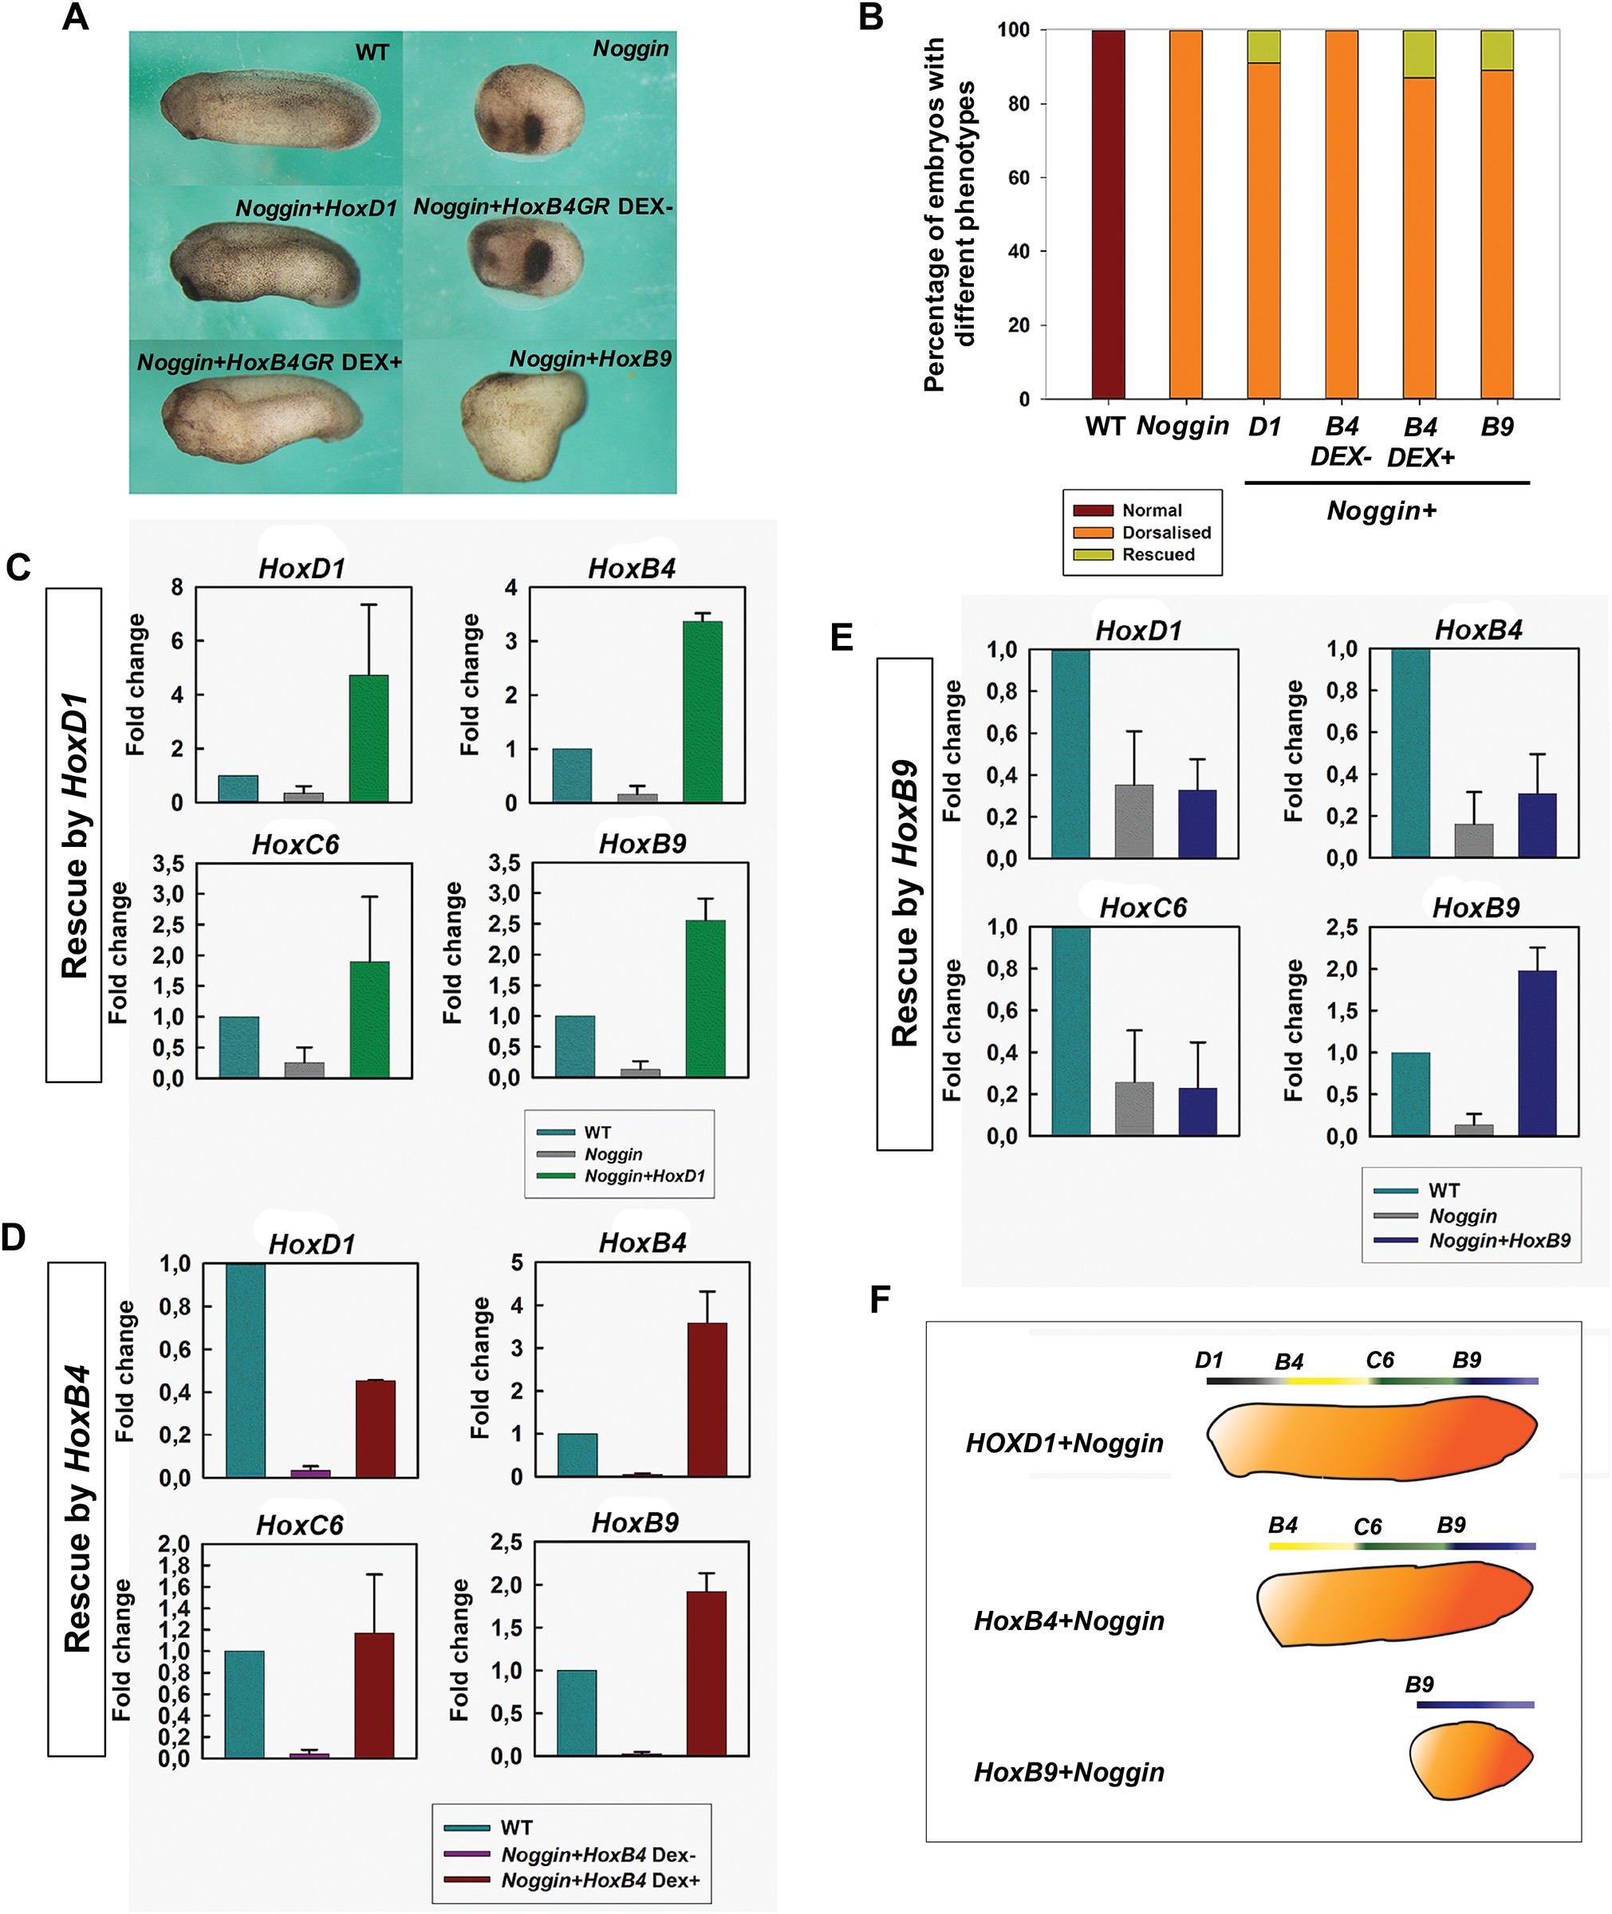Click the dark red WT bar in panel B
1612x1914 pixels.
pos(1108,214)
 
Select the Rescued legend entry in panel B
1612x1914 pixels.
pos(1157,554)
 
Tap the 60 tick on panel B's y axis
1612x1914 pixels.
pos(1019,177)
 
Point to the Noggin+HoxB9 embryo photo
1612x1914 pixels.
pos(522,426)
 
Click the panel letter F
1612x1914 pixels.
pos(879,1298)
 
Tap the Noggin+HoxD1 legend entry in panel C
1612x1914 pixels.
pos(644,1176)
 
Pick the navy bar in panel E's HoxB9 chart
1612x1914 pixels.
pos(1537,1053)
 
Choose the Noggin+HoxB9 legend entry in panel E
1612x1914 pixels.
pos(1499,1241)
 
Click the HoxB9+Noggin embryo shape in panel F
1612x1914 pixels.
pos(1469,1758)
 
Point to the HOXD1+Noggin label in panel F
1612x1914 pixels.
pos(1065,1443)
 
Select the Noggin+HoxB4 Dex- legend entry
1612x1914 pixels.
pos(597,1855)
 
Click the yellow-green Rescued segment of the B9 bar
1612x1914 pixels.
pos(1497,50)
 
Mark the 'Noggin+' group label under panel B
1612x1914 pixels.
pos(1381,510)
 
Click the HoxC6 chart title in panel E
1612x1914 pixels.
pos(1142,908)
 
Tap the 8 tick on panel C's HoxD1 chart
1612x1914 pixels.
pos(176,588)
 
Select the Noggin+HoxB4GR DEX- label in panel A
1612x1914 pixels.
pos(543,207)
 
